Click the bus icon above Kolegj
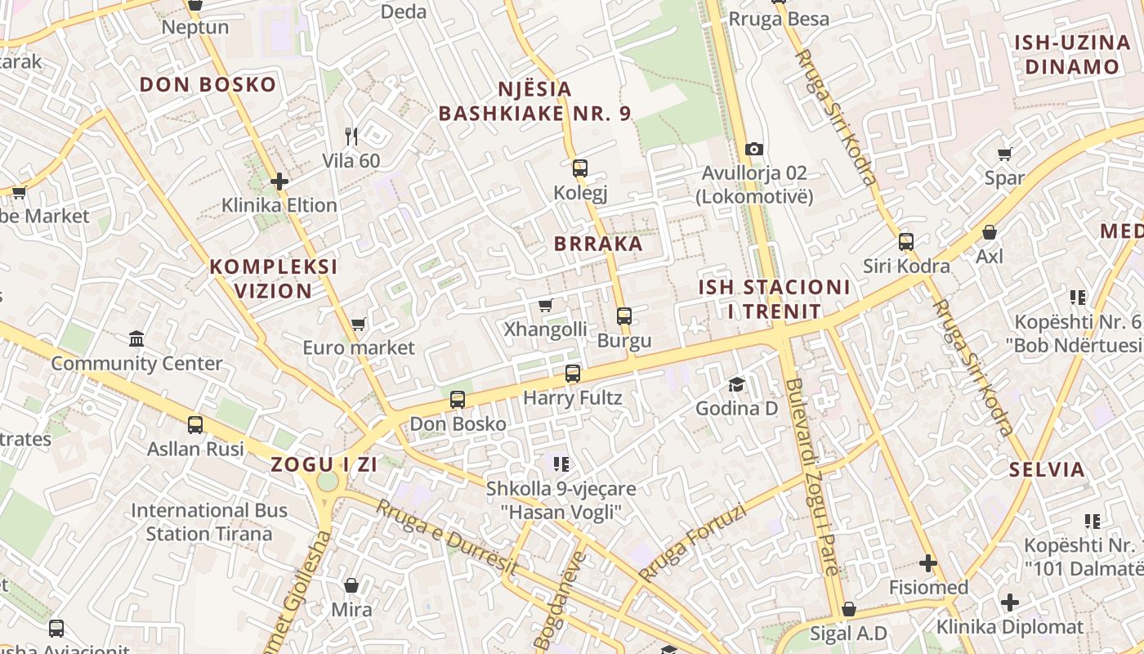(x=580, y=168)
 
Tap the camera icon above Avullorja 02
(x=753, y=149)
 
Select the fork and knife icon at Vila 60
(x=351, y=136)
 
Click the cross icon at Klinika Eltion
(x=279, y=181)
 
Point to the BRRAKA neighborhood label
(x=598, y=244)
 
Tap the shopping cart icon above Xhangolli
(x=546, y=305)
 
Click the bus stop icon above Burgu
(x=624, y=316)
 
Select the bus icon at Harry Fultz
(x=573, y=374)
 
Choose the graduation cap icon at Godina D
(x=736, y=383)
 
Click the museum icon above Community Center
(x=136, y=338)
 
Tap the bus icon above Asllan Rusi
(x=195, y=424)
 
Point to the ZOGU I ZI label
(x=324, y=464)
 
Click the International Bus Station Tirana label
(x=209, y=522)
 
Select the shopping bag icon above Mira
(x=351, y=585)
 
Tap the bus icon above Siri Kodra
(x=906, y=241)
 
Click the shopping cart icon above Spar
(x=1004, y=154)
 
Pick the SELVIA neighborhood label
(x=1047, y=469)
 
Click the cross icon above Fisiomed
(x=928, y=563)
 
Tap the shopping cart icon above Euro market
(x=358, y=324)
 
